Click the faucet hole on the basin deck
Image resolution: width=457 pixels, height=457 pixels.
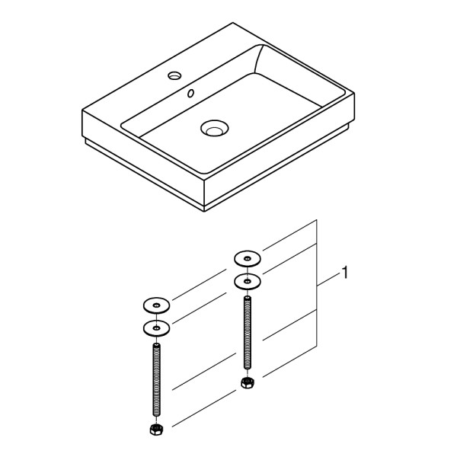click(x=174, y=75)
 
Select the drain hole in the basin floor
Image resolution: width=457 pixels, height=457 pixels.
click(x=213, y=129)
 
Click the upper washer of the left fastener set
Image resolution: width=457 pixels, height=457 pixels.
click(x=157, y=306)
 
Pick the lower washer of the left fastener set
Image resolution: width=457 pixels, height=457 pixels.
click(x=157, y=328)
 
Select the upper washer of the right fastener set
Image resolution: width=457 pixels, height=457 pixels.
click(x=247, y=257)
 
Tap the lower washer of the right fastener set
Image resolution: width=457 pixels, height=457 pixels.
click(x=247, y=280)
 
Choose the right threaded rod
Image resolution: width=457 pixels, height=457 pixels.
click(x=247, y=331)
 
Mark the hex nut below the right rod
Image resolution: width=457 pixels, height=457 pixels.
click(x=247, y=381)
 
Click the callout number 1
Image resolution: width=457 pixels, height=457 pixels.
click(x=345, y=272)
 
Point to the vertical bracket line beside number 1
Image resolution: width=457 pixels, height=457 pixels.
click(x=317, y=286)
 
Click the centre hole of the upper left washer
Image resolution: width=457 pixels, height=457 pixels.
click(x=157, y=306)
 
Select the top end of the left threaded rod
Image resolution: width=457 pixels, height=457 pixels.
click(x=157, y=345)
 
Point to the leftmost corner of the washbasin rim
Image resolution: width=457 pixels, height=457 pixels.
click(x=82, y=112)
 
